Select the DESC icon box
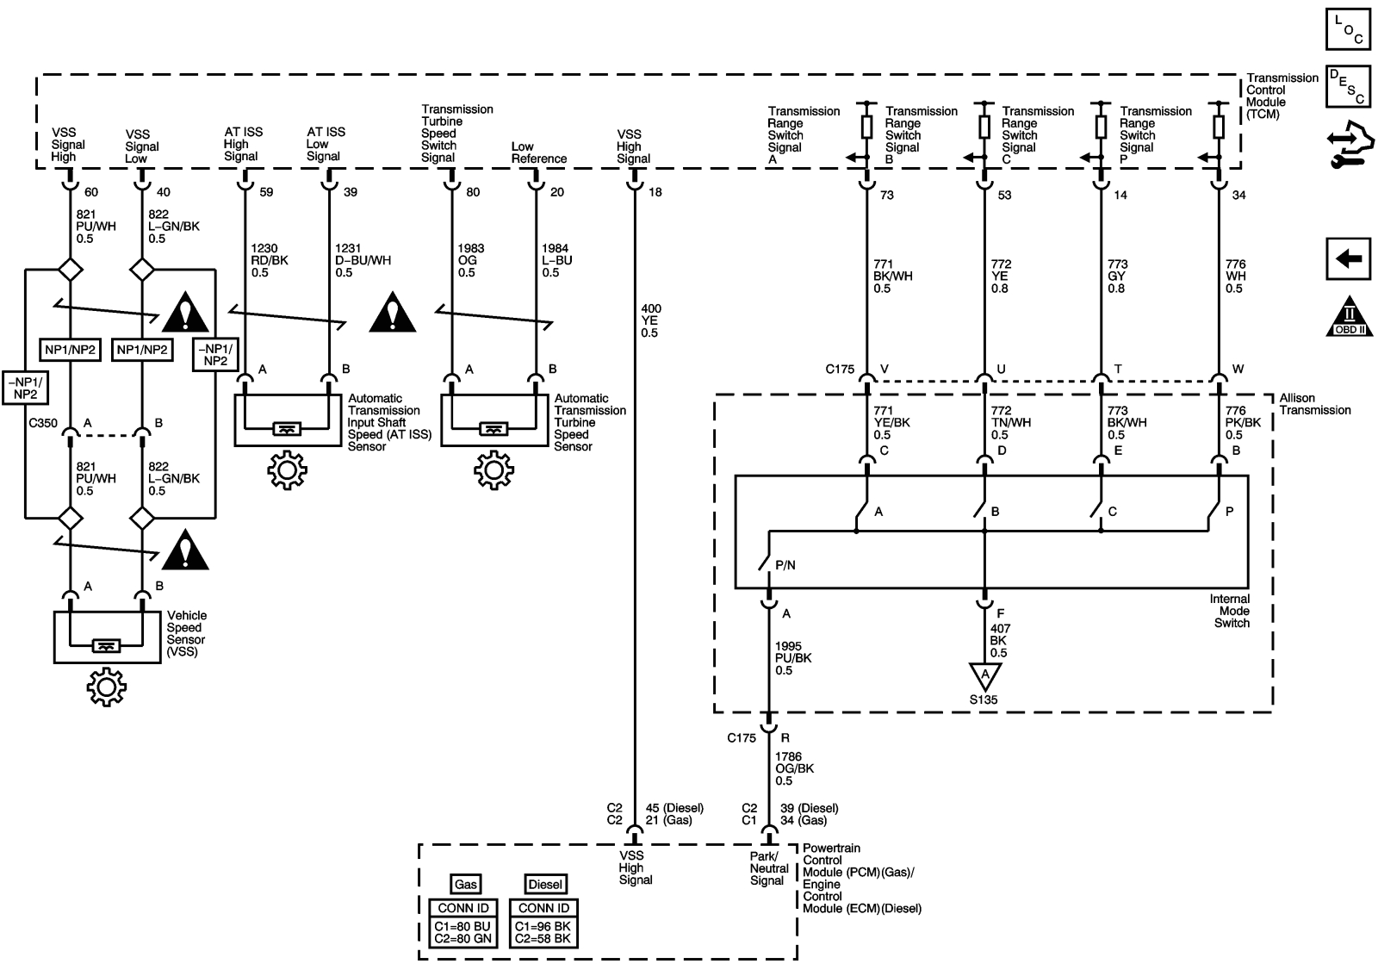(x=1348, y=86)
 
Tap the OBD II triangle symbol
(x=1348, y=316)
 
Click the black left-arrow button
(x=1348, y=258)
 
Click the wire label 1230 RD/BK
(x=269, y=260)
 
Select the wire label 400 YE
(x=650, y=320)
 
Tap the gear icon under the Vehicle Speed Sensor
(x=106, y=687)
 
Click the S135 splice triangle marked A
(x=984, y=675)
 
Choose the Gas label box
(x=464, y=885)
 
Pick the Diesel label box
(x=544, y=885)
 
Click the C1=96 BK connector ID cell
(x=543, y=926)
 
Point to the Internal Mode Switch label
(x=1230, y=611)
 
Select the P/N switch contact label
(x=785, y=566)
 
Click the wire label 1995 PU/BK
(x=792, y=658)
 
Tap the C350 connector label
(x=42, y=423)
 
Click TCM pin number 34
(x=1238, y=196)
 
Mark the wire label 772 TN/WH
(x=1010, y=423)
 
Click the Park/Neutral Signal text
(x=767, y=868)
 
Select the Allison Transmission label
(x=1314, y=404)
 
